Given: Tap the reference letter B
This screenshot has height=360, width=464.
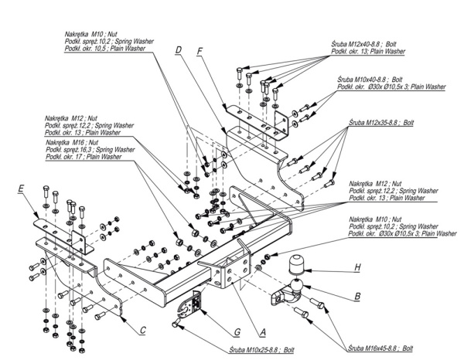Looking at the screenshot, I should pyautogui.click(x=357, y=296).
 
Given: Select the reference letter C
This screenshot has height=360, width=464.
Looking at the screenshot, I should pyautogui.click(x=144, y=331).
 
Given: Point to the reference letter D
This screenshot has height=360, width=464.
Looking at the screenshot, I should pyautogui.click(x=178, y=51).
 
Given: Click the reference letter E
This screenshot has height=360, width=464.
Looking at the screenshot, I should pyautogui.click(x=21, y=188).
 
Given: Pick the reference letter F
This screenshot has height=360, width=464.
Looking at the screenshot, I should pyautogui.click(x=200, y=51).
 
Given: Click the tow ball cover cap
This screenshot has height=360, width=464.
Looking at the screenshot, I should pyautogui.click(x=298, y=267).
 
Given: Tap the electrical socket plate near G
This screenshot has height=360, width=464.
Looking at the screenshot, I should pyautogui.click(x=186, y=311).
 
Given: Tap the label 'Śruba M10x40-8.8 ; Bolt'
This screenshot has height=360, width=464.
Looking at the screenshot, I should pyautogui.click(x=374, y=80).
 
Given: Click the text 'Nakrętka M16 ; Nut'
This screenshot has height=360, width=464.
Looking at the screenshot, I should pyautogui.click(x=72, y=142).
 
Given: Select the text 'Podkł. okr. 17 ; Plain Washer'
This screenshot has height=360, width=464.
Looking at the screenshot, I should pyautogui.click(x=84, y=157).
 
